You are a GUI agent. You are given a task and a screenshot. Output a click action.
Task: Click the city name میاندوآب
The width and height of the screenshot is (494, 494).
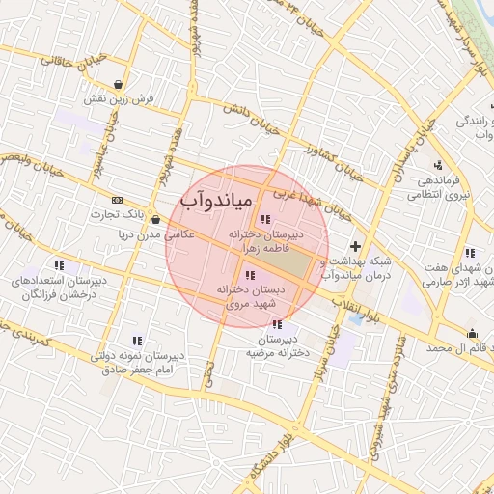tap(216, 199)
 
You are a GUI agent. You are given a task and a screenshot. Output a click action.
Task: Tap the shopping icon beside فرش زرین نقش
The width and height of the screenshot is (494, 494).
tap(118, 83)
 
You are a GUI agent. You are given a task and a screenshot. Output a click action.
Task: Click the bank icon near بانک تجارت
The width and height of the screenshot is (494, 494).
tap(118, 200)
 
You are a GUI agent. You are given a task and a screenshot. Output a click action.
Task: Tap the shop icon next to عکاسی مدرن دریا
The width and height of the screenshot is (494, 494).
tap(155, 219)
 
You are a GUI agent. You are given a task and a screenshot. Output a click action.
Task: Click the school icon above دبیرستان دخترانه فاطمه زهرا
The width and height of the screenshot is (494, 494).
tap(265, 219)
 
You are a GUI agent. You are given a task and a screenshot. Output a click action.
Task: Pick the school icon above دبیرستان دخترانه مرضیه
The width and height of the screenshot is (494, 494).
tap(278, 324)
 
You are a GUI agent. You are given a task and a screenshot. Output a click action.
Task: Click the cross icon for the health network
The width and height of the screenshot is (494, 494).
tap(356, 247)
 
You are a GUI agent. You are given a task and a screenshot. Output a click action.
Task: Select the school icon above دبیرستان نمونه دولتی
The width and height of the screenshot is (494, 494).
tap(136, 341)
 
